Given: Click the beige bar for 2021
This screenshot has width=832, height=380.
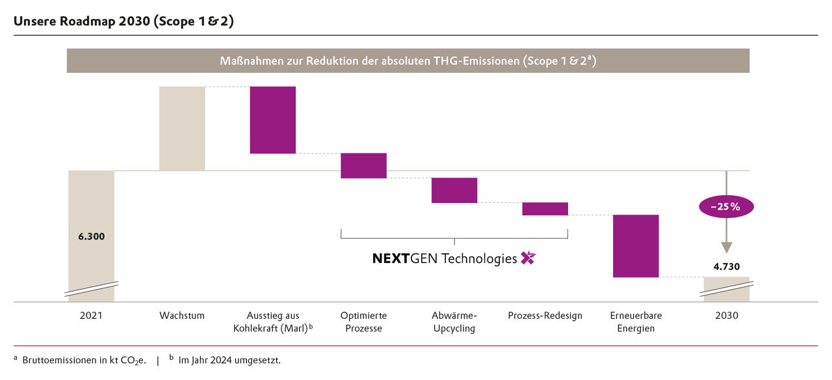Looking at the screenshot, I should coord(92,208).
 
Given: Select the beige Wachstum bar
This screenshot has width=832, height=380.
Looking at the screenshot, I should coord(182,128).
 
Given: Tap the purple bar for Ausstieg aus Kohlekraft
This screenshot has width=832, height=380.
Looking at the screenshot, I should coord(273,120).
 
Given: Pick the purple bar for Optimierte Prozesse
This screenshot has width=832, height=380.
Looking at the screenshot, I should coord(363,165).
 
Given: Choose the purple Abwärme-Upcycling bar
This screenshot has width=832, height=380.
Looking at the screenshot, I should coord(454,190).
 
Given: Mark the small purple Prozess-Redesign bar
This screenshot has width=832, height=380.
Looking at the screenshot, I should coord(545,209).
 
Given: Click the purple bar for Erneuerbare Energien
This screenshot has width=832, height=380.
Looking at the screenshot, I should coord(636,246).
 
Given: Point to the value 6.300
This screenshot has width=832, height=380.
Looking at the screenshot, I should coord(91,236).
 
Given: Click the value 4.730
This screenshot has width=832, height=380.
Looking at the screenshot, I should coord(727,266).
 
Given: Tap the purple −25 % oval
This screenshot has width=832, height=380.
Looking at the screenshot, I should coord(727,207).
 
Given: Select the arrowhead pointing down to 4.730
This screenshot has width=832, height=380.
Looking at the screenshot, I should coord(727,247).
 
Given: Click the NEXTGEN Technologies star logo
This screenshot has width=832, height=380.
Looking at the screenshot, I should coord(528,258).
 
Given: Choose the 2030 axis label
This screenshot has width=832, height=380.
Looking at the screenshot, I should coord(727,316).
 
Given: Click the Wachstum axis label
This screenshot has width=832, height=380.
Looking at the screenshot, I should coord(182,316).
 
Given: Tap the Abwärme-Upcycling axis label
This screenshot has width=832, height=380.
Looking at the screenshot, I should coord(454,322).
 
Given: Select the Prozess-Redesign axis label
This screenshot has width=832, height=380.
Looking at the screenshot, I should coord(545,316).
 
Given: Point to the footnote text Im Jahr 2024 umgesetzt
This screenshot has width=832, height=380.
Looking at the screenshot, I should coord(229,360).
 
